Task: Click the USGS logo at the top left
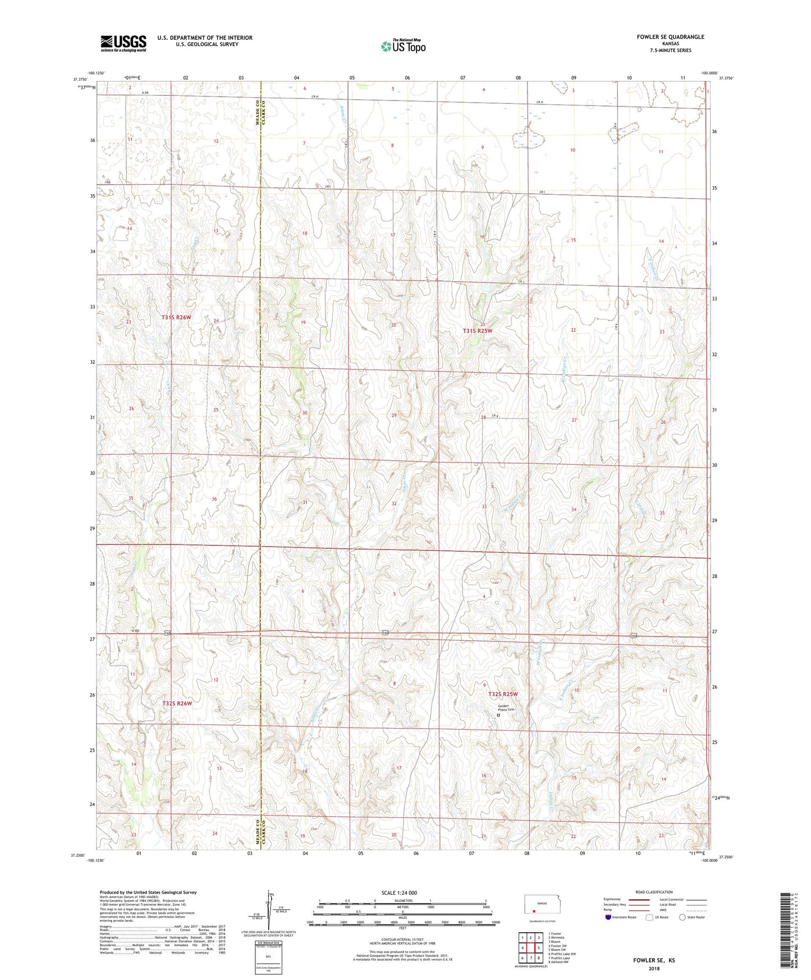click(x=123, y=43)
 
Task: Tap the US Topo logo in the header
click(x=403, y=45)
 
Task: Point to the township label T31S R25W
click(x=477, y=331)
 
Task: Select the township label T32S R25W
click(x=502, y=694)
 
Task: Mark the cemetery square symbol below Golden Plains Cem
click(x=498, y=715)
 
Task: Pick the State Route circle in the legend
click(x=682, y=917)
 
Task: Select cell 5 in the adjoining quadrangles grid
click(x=538, y=948)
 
